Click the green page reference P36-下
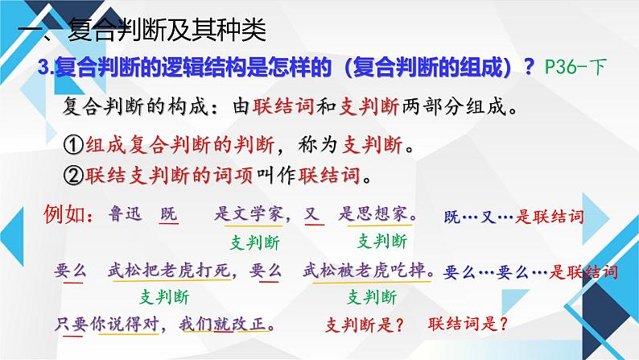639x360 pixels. point(576,67)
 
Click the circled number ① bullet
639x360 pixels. point(74,145)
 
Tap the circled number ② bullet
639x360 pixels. point(74,176)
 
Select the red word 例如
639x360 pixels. point(64,214)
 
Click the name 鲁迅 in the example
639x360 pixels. point(125,213)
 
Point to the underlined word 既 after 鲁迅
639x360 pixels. point(169,214)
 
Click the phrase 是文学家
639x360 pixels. point(249,213)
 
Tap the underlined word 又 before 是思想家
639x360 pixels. point(313,214)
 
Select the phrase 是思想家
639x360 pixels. point(373,213)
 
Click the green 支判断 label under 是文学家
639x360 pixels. point(255,242)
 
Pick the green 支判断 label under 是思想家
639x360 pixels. point(382,242)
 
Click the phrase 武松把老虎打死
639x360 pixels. point(170,270)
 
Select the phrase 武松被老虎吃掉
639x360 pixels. point(365,270)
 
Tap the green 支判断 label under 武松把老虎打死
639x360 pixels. point(165,297)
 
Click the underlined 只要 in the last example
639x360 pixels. point(72,325)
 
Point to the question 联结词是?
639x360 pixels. point(468,324)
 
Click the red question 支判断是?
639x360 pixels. point(365,325)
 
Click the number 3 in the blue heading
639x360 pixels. point(43,67)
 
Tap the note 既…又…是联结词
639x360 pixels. point(514,217)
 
